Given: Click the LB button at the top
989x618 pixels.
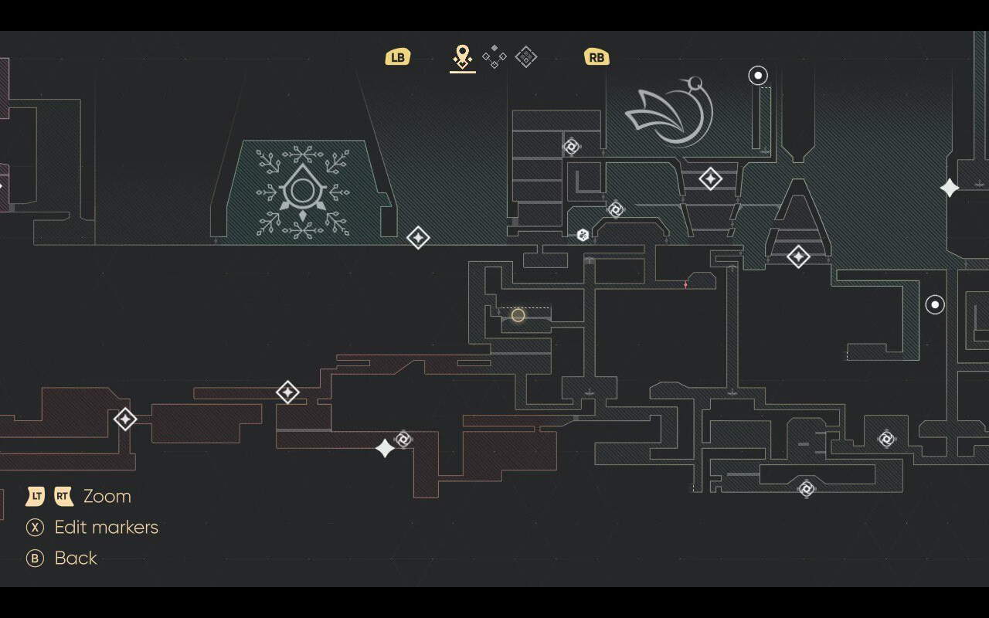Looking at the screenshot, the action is [397, 57].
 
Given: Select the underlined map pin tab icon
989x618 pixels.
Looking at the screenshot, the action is [462, 56].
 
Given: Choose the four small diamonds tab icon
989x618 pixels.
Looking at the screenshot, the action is [494, 56].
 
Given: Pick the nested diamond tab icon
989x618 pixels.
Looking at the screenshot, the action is [526, 56].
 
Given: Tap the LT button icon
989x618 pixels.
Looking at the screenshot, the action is [36, 496].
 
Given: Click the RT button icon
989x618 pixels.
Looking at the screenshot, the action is [63, 496].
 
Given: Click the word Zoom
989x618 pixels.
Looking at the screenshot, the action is [107, 496].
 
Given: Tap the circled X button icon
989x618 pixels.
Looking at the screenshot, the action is [35, 528].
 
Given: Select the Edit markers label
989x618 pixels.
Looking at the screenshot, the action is [106, 528].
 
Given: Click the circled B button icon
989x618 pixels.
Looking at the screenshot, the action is [35, 559].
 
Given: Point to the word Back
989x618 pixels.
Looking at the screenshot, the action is [76, 559].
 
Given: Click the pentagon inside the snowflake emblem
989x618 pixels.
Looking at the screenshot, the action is [302, 190].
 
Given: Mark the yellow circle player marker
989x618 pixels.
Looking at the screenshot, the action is [518, 315].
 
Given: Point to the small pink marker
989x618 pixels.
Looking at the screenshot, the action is [685, 285].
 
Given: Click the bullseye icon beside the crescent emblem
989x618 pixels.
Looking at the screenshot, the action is [758, 76].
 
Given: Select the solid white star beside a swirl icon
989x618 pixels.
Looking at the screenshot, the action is [385, 448].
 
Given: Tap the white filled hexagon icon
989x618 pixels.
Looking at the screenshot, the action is [583, 235].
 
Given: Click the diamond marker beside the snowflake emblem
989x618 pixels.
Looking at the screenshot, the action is [418, 237].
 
